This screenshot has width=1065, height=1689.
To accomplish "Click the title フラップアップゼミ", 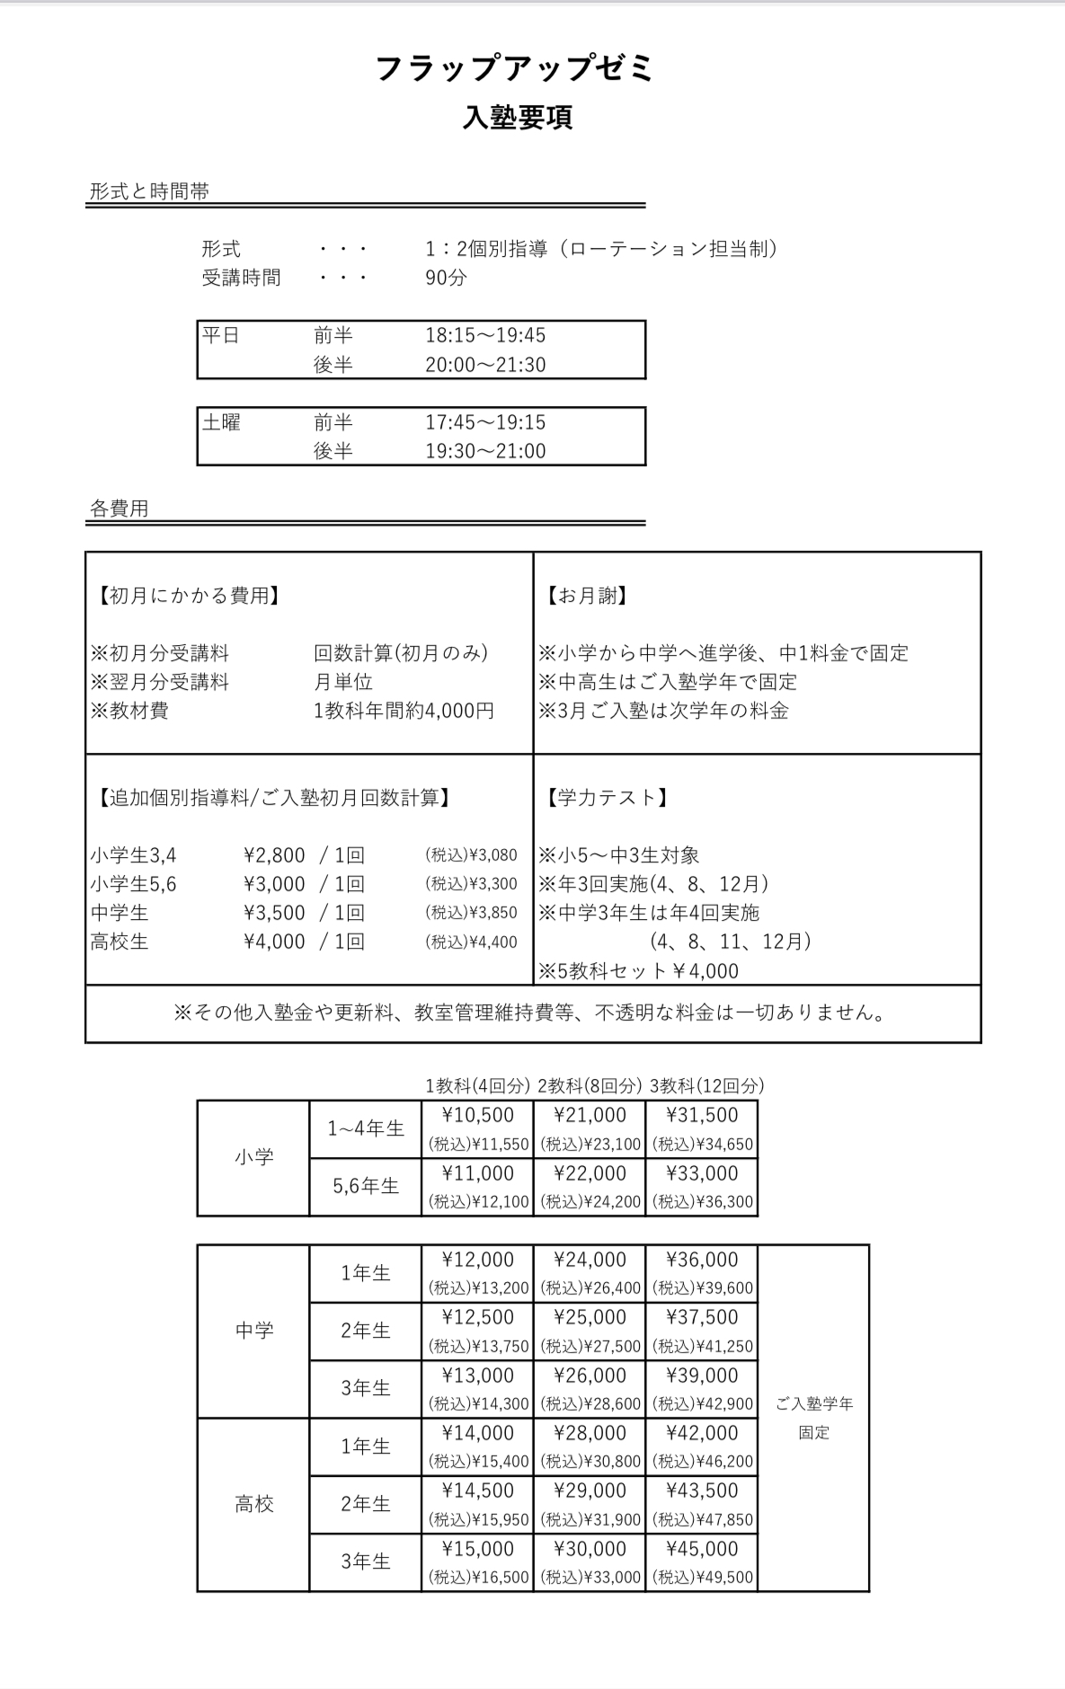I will pyautogui.click(x=515, y=69).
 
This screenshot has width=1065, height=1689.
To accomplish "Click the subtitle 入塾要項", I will pyautogui.click(x=518, y=118).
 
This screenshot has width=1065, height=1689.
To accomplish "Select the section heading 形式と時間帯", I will pyautogui.click(x=149, y=191).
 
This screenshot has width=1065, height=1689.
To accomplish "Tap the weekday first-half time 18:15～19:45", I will pyautogui.click(x=485, y=335).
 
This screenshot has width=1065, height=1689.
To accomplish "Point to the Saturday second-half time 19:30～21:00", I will pyautogui.click(x=485, y=451).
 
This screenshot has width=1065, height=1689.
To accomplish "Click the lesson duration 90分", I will pyautogui.click(x=446, y=277).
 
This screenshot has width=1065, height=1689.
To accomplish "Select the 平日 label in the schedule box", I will pyautogui.click(x=221, y=335).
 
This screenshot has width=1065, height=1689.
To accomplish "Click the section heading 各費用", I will pyautogui.click(x=119, y=508).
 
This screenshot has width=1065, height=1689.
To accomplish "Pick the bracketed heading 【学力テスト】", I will pyautogui.click(x=607, y=798).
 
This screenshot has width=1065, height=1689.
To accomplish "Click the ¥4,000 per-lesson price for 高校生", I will pyautogui.click(x=274, y=942).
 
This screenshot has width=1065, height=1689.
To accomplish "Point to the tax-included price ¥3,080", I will pyautogui.click(x=471, y=855).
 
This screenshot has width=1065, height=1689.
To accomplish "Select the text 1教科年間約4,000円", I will pyautogui.click(x=404, y=711).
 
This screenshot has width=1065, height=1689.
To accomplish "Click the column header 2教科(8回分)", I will pyautogui.click(x=589, y=1085).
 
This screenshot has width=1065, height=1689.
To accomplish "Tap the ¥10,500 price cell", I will pyautogui.click(x=478, y=1115).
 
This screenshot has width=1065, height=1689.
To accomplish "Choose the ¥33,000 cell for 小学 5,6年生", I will pyautogui.click(x=701, y=1173).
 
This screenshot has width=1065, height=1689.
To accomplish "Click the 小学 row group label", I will pyautogui.click(x=253, y=1157).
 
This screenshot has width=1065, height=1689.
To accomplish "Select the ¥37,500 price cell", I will pyautogui.click(x=701, y=1317).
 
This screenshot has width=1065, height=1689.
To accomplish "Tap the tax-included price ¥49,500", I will pyautogui.click(x=703, y=1577).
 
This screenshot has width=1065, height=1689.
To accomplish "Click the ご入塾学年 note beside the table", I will pyautogui.click(x=814, y=1404).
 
